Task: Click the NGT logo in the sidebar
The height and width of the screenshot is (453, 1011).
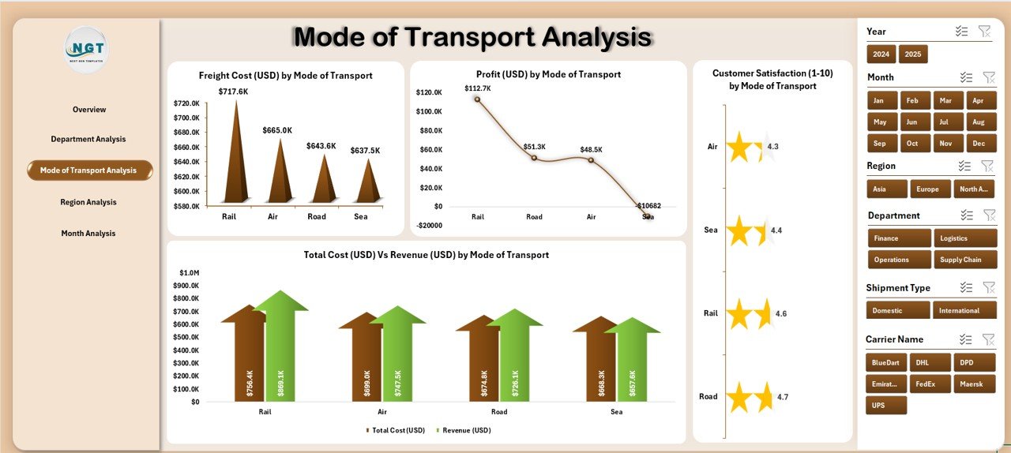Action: [x=86, y=51]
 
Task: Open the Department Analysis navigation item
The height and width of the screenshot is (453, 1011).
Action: [x=88, y=139]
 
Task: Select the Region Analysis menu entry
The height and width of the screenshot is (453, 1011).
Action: [x=88, y=202]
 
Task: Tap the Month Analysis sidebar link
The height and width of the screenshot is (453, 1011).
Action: [x=88, y=234]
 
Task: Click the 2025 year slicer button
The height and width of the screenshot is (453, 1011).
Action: [x=913, y=54]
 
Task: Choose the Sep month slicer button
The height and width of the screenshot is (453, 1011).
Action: [x=880, y=144]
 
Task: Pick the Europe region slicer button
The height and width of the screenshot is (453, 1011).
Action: [x=928, y=189]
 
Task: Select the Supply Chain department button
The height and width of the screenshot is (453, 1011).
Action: [x=964, y=260]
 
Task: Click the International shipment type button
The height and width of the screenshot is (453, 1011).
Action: [x=964, y=311]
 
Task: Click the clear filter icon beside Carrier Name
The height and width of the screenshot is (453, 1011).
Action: [x=987, y=339]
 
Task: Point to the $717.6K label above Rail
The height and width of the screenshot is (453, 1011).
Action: [x=235, y=92]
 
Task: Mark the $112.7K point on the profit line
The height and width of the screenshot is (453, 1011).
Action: [x=477, y=99]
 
